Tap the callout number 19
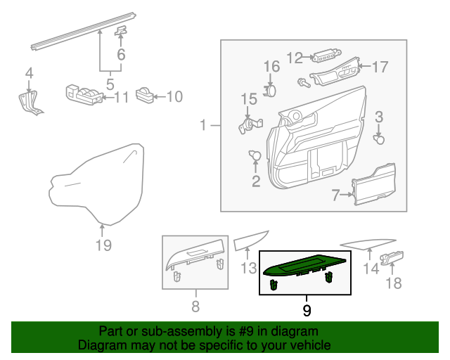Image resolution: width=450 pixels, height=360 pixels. point(103,245)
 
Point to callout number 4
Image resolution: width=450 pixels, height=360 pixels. point(29,72)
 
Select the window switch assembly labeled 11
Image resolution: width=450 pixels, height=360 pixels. point(84,95)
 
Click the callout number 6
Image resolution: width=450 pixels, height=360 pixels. point(121,54)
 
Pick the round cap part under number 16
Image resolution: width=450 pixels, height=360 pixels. point(271,89)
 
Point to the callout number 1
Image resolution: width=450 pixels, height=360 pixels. point(202,126)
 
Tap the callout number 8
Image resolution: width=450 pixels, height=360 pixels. point(195,306)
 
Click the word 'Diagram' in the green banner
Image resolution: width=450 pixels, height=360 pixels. point(98,346)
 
